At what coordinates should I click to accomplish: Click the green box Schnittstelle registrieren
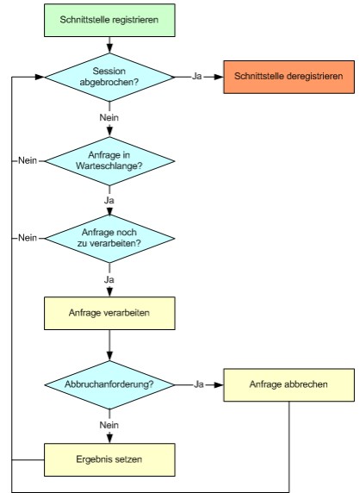[109, 20]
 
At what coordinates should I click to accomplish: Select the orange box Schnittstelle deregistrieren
[289, 77]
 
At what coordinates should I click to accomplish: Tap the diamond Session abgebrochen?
[109, 77]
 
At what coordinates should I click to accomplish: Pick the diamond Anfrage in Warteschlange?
[109, 161]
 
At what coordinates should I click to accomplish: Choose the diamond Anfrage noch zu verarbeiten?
[109, 239]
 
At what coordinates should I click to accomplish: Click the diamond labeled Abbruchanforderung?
[109, 384]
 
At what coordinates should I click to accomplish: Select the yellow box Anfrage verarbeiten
[109, 313]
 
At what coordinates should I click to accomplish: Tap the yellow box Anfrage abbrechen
[289, 385]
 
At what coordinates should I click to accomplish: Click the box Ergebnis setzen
[109, 459]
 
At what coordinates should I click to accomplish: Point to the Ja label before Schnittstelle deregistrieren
[197, 77]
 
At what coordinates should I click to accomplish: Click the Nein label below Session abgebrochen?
[109, 117]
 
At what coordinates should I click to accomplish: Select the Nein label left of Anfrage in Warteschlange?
[28, 160]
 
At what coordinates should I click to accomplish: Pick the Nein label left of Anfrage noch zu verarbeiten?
[28, 238]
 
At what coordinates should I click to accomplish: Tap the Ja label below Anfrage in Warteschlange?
[109, 201]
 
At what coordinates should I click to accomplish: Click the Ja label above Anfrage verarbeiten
[109, 280]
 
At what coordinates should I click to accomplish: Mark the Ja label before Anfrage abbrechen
[199, 384]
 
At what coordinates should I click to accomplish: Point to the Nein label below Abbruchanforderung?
[109, 425]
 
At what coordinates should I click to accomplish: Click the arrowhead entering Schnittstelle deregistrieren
[219, 77]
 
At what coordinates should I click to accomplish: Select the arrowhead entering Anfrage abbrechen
[219, 385]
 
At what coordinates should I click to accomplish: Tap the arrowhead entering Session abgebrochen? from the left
[40, 77]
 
